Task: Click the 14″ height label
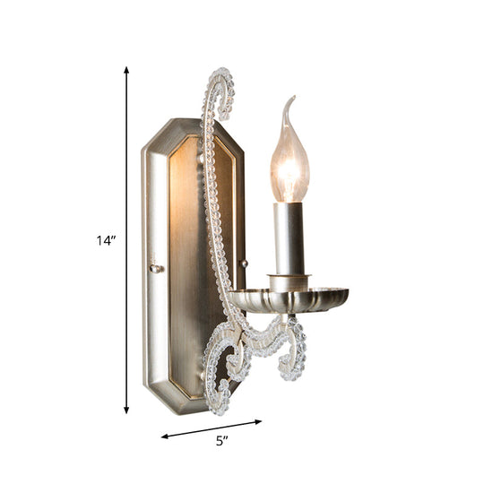coord(107,239)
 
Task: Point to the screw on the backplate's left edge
coord(155,267)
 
